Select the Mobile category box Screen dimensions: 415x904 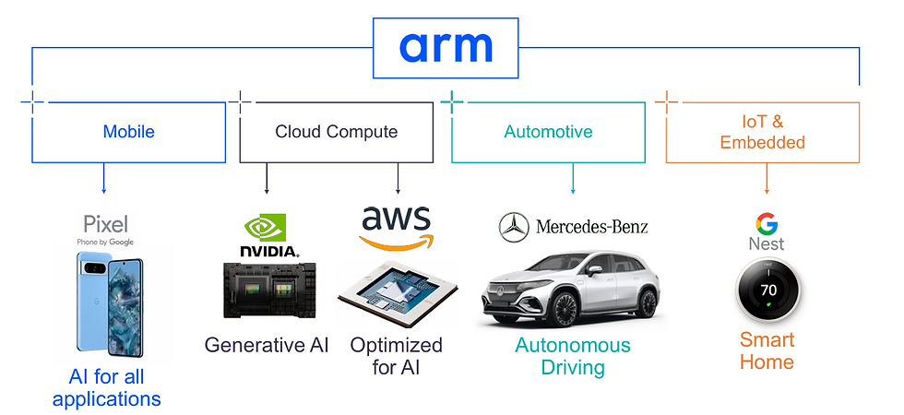tap(128, 132)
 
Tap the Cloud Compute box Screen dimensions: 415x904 tap(336, 132)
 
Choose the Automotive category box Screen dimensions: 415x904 tap(548, 132)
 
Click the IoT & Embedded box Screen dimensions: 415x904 tap(762, 132)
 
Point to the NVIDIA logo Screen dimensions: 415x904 tap(268, 234)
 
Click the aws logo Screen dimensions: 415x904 tap(396, 226)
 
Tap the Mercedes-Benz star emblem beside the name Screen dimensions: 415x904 tap(513, 227)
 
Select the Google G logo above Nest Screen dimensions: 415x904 tap(766, 223)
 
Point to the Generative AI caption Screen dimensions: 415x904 tap(267, 346)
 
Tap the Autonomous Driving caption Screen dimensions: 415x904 tap(573, 357)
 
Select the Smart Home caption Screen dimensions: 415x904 tap(767, 350)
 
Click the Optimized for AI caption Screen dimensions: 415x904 tap(396, 357)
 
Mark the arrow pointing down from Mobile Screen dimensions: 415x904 tap(103, 179)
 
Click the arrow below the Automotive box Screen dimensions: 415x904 tap(573, 179)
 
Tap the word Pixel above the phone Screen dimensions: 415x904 tap(106, 224)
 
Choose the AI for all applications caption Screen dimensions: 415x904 tap(106, 388)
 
